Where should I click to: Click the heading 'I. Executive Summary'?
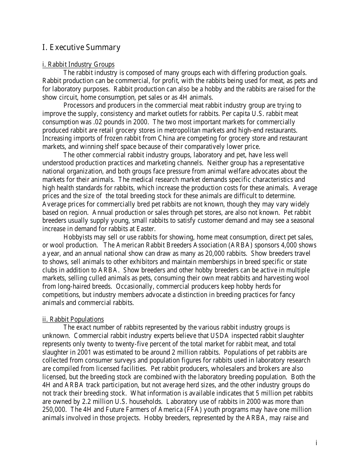[x=81, y=47]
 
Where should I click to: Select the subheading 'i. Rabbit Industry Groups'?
[x=78, y=64]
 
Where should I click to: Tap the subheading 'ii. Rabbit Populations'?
[x=73, y=319]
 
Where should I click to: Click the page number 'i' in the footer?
[x=316, y=443]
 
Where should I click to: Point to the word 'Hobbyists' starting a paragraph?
[x=77, y=237]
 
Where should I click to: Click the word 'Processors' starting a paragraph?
[x=79, y=105]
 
